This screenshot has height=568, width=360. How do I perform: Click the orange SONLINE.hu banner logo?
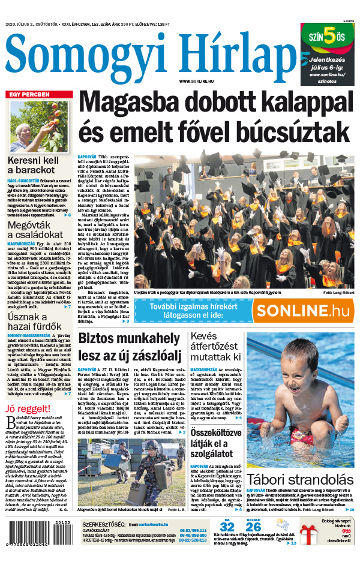pos(302,310)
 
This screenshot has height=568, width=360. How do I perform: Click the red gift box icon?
pos(311,534)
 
